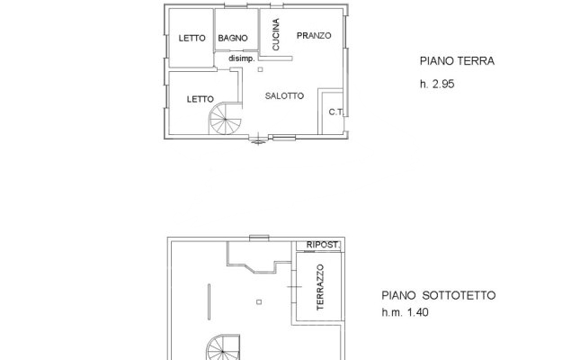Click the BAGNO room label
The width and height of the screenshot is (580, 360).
(233, 38)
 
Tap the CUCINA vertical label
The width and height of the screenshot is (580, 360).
(275, 34)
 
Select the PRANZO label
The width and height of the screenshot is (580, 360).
(314, 36)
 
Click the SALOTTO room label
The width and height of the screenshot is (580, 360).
(284, 96)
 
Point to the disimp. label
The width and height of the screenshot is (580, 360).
(242, 58)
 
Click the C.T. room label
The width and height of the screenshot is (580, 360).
(335, 112)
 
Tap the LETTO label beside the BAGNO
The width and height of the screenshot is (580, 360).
(192, 38)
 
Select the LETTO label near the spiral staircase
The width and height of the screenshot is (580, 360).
(201, 99)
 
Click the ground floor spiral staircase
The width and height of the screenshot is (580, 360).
(226, 119)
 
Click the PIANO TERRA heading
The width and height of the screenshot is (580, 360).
(457, 61)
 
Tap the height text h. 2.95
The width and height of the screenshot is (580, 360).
(437, 84)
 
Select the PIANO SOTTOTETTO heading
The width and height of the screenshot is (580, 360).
(439, 295)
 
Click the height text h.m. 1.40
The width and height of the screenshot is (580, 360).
(405, 312)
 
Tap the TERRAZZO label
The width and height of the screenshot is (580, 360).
(320, 287)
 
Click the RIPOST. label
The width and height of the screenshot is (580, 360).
(323, 245)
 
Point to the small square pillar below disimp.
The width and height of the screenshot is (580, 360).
(261, 69)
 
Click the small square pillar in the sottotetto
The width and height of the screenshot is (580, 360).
(259, 302)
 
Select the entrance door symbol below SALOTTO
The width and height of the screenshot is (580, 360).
(258, 139)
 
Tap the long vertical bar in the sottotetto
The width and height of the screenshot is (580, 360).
(209, 301)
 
